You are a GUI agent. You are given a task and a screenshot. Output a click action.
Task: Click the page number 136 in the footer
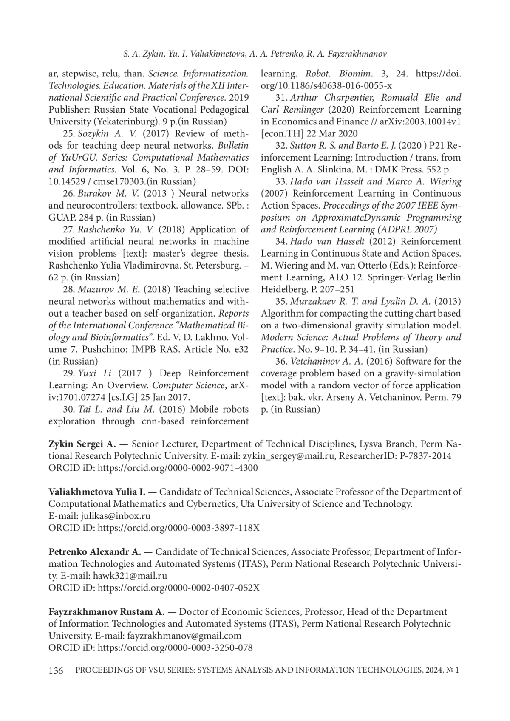56,671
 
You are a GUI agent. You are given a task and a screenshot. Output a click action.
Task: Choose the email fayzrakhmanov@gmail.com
184,636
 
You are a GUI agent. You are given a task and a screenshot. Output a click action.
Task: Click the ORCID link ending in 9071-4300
178,468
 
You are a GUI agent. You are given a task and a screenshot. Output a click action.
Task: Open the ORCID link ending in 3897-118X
178,528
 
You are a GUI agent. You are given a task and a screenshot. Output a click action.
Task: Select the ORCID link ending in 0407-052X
178,588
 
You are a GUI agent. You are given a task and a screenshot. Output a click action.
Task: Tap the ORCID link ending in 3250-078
175,648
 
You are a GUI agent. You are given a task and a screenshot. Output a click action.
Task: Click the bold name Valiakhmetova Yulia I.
97,492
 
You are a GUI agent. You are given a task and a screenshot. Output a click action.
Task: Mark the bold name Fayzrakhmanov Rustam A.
106,612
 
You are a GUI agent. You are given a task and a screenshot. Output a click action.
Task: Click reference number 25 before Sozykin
68,134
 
